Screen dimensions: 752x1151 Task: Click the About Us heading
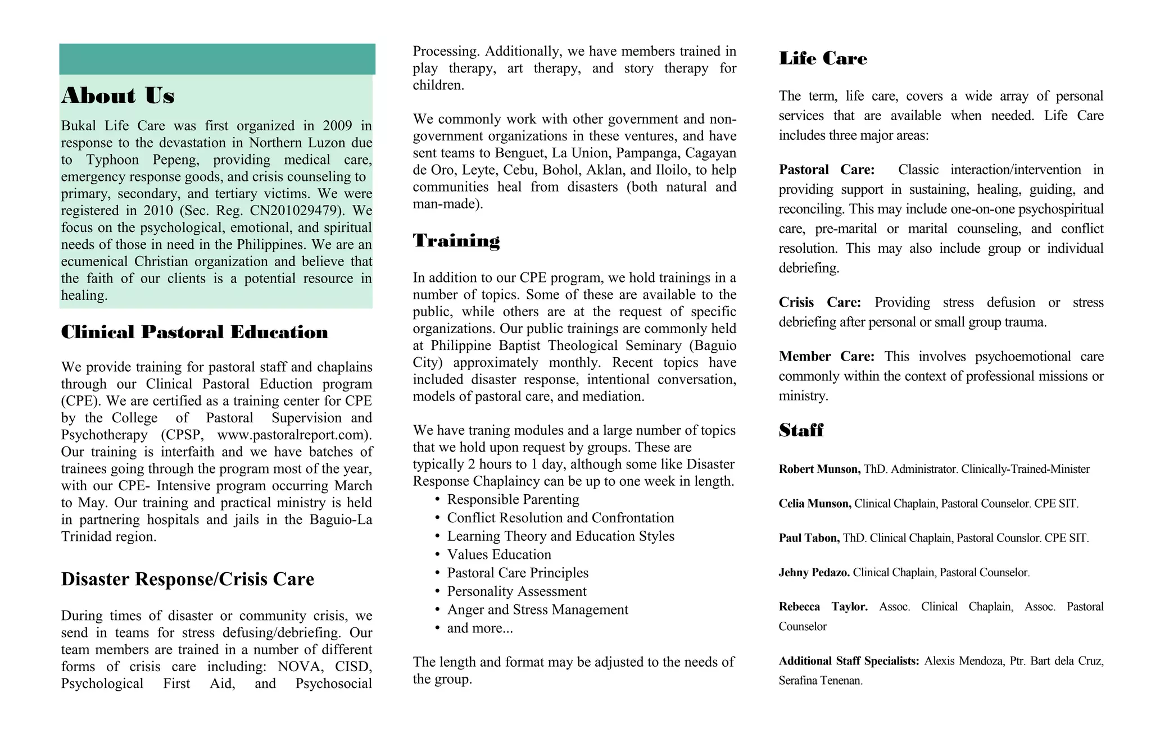pyautogui.click(x=118, y=95)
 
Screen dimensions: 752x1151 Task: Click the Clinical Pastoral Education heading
pyautogui.click(x=194, y=332)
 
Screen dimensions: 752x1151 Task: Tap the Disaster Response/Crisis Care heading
pyautogui.click(x=187, y=579)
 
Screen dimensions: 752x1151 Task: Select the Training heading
pyautogui.click(x=456, y=240)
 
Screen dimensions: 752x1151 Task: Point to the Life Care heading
pyautogui.click(x=823, y=58)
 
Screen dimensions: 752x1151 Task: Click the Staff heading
pyautogui.click(x=801, y=430)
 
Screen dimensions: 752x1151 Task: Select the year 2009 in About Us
pyautogui.click(x=337, y=126)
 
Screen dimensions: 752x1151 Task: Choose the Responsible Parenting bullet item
pyautogui.click(x=513, y=499)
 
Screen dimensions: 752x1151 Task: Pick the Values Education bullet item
pyautogui.click(x=499, y=554)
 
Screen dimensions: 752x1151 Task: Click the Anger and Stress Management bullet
pyautogui.click(x=537, y=609)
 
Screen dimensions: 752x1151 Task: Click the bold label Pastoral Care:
pyautogui.click(x=826, y=170)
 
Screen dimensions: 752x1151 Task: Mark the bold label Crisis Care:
pyautogui.click(x=819, y=303)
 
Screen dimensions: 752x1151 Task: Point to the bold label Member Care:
pyautogui.click(x=826, y=357)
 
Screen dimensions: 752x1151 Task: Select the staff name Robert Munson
pyautogui.click(x=819, y=469)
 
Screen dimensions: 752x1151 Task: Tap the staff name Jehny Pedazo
pyautogui.click(x=814, y=572)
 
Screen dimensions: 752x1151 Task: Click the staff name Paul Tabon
pyautogui.click(x=809, y=538)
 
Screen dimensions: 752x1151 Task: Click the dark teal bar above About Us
pyautogui.click(x=217, y=59)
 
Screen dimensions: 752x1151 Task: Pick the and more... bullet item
pyautogui.click(x=479, y=628)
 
